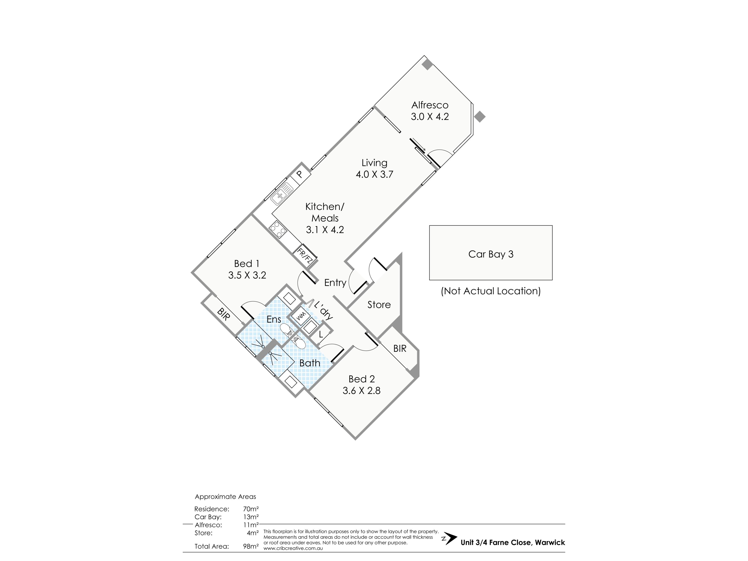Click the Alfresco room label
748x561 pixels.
click(x=430, y=105)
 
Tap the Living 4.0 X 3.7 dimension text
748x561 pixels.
click(x=374, y=174)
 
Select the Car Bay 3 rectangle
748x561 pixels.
click(x=491, y=253)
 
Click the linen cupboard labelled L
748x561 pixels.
click(x=321, y=335)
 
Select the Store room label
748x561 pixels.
click(x=379, y=305)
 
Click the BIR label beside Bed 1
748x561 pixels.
click(x=223, y=314)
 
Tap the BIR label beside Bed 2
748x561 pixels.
click(x=400, y=348)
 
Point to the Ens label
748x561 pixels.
click(x=274, y=319)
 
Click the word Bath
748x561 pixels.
click(x=310, y=363)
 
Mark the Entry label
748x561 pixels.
click(x=335, y=283)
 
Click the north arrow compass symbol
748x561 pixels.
click(x=449, y=539)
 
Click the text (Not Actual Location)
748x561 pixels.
click(x=491, y=291)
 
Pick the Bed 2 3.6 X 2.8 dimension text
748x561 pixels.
click(x=362, y=391)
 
